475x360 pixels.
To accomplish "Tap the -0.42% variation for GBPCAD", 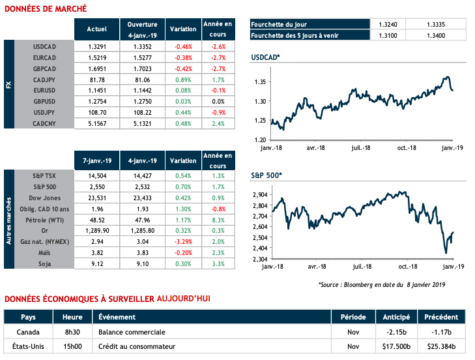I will (182, 69).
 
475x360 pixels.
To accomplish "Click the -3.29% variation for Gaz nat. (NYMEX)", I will (182, 241).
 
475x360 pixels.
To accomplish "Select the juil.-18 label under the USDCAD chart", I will (362, 147).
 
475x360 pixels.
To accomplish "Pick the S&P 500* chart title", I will (266, 176).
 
